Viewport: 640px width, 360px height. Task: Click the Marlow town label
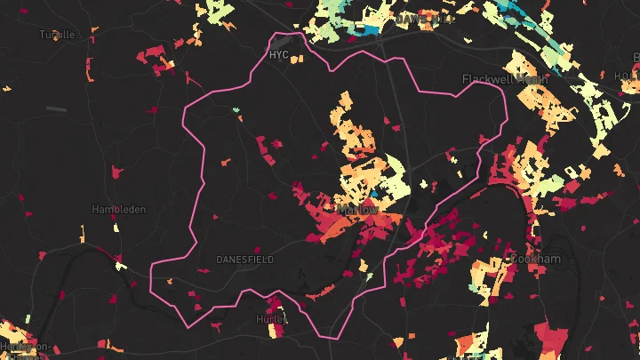(x=357, y=210)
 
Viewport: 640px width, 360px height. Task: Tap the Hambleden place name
(x=112, y=210)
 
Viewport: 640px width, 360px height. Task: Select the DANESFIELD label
(x=244, y=260)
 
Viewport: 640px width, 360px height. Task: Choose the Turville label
(x=57, y=35)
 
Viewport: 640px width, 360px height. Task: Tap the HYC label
(x=278, y=55)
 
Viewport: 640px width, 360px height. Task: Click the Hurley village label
(x=270, y=319)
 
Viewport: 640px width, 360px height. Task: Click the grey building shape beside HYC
(x=284, y=42)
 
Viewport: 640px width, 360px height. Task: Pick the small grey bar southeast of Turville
(x=56, y=109)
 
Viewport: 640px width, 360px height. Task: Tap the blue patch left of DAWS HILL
(x=366, y=29)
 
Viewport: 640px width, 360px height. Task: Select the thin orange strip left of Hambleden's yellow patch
(x=83, y=235)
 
